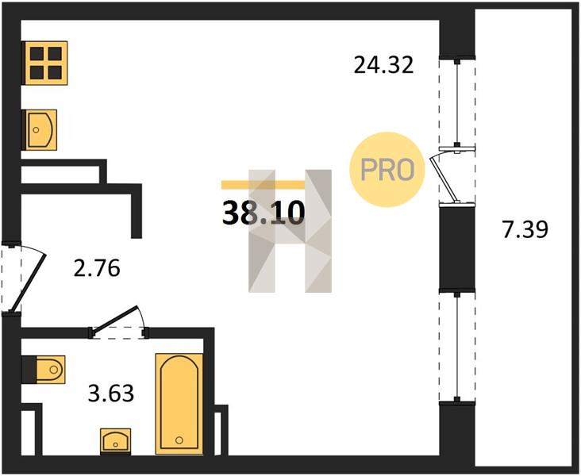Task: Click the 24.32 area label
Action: [383, 65]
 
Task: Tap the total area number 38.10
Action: [264, 213]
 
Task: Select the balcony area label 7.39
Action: [525, 229]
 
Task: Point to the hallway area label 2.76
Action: [97, 268]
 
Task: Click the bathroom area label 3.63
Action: [111, 393]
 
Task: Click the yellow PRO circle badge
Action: [387, 169]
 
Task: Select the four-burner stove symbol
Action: [45, 63]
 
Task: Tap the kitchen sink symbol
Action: [40, 130]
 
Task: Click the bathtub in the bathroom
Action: [179, 404]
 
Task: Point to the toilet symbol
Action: [44, 370]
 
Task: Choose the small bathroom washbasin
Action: [116, 441]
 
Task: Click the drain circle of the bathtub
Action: [179, 440]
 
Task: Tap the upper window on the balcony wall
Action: [457, 101]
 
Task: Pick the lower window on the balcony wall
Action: [457, 347]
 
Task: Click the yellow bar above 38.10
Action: [263, 185]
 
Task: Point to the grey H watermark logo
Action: [290, 231]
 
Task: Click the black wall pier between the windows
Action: [457, 248]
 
